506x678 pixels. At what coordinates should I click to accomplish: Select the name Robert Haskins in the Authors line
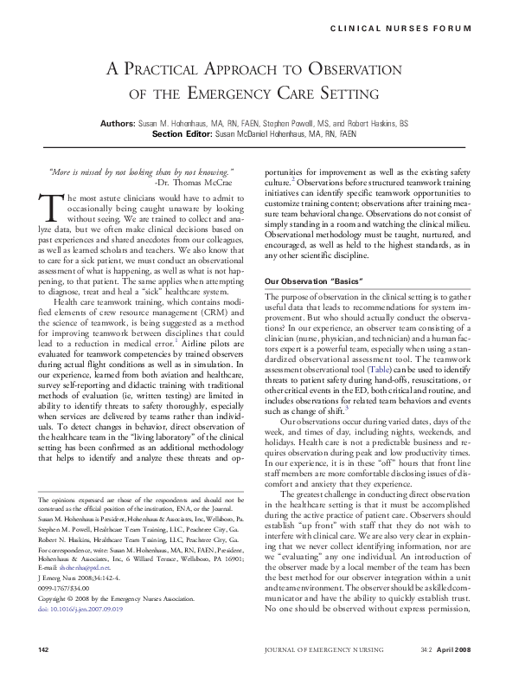pyautogui.click(x=386, y=124)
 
